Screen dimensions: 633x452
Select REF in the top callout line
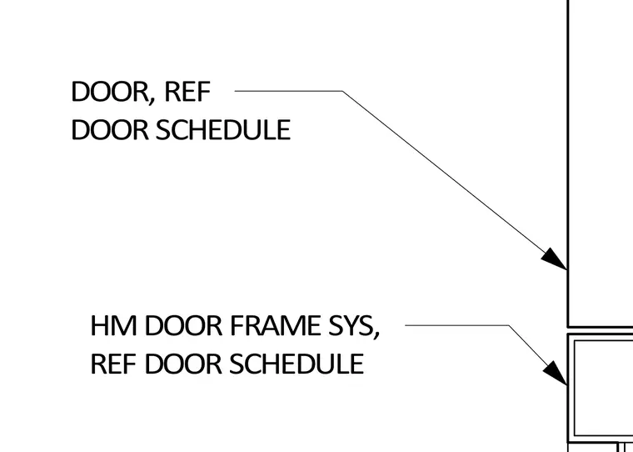point(187,92)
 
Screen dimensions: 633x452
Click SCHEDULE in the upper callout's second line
point(223,129)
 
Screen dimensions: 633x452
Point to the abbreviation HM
point(113,325)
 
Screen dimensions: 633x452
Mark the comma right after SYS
point(376,334)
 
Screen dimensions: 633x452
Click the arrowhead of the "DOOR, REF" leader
point(554,259)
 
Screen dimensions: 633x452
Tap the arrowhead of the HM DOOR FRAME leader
point(556,374)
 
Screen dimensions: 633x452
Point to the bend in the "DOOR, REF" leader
point(343,91)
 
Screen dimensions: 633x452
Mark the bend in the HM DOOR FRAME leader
point(509,324)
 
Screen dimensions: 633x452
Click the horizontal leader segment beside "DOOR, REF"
point(289,91)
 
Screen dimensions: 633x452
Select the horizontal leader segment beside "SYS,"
point(456,324)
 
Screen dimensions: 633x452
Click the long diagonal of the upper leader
point(455,180)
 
